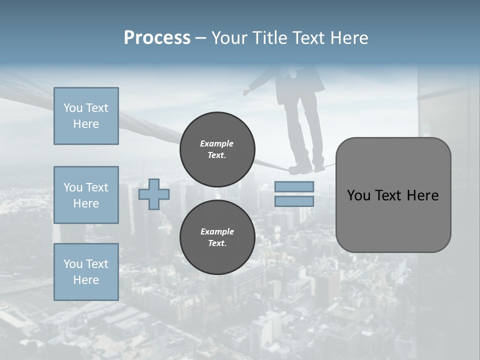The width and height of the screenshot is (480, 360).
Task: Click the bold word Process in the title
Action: tap(157, 38)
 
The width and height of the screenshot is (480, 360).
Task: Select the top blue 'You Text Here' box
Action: tap(86, 116)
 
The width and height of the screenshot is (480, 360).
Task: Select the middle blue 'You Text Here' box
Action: tap(86, 195)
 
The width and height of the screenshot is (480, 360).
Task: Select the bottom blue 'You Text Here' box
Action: tap(86, 272)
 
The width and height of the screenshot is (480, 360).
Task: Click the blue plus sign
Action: tap(153, 194)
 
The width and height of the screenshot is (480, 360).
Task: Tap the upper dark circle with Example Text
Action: tap(217, 149)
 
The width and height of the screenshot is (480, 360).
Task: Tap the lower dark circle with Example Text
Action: tap(217, 237)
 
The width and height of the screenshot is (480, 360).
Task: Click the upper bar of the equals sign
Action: tap(294, 186)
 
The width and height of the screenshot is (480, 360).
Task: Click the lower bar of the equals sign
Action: tap(294, 201)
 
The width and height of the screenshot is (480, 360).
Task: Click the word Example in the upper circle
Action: tap(216, 143)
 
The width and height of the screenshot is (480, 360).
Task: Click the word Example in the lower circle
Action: tap(217, 231)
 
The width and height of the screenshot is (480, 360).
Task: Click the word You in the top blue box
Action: tap(72, 108)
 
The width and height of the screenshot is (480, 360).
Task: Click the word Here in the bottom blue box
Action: tap(86, 280)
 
